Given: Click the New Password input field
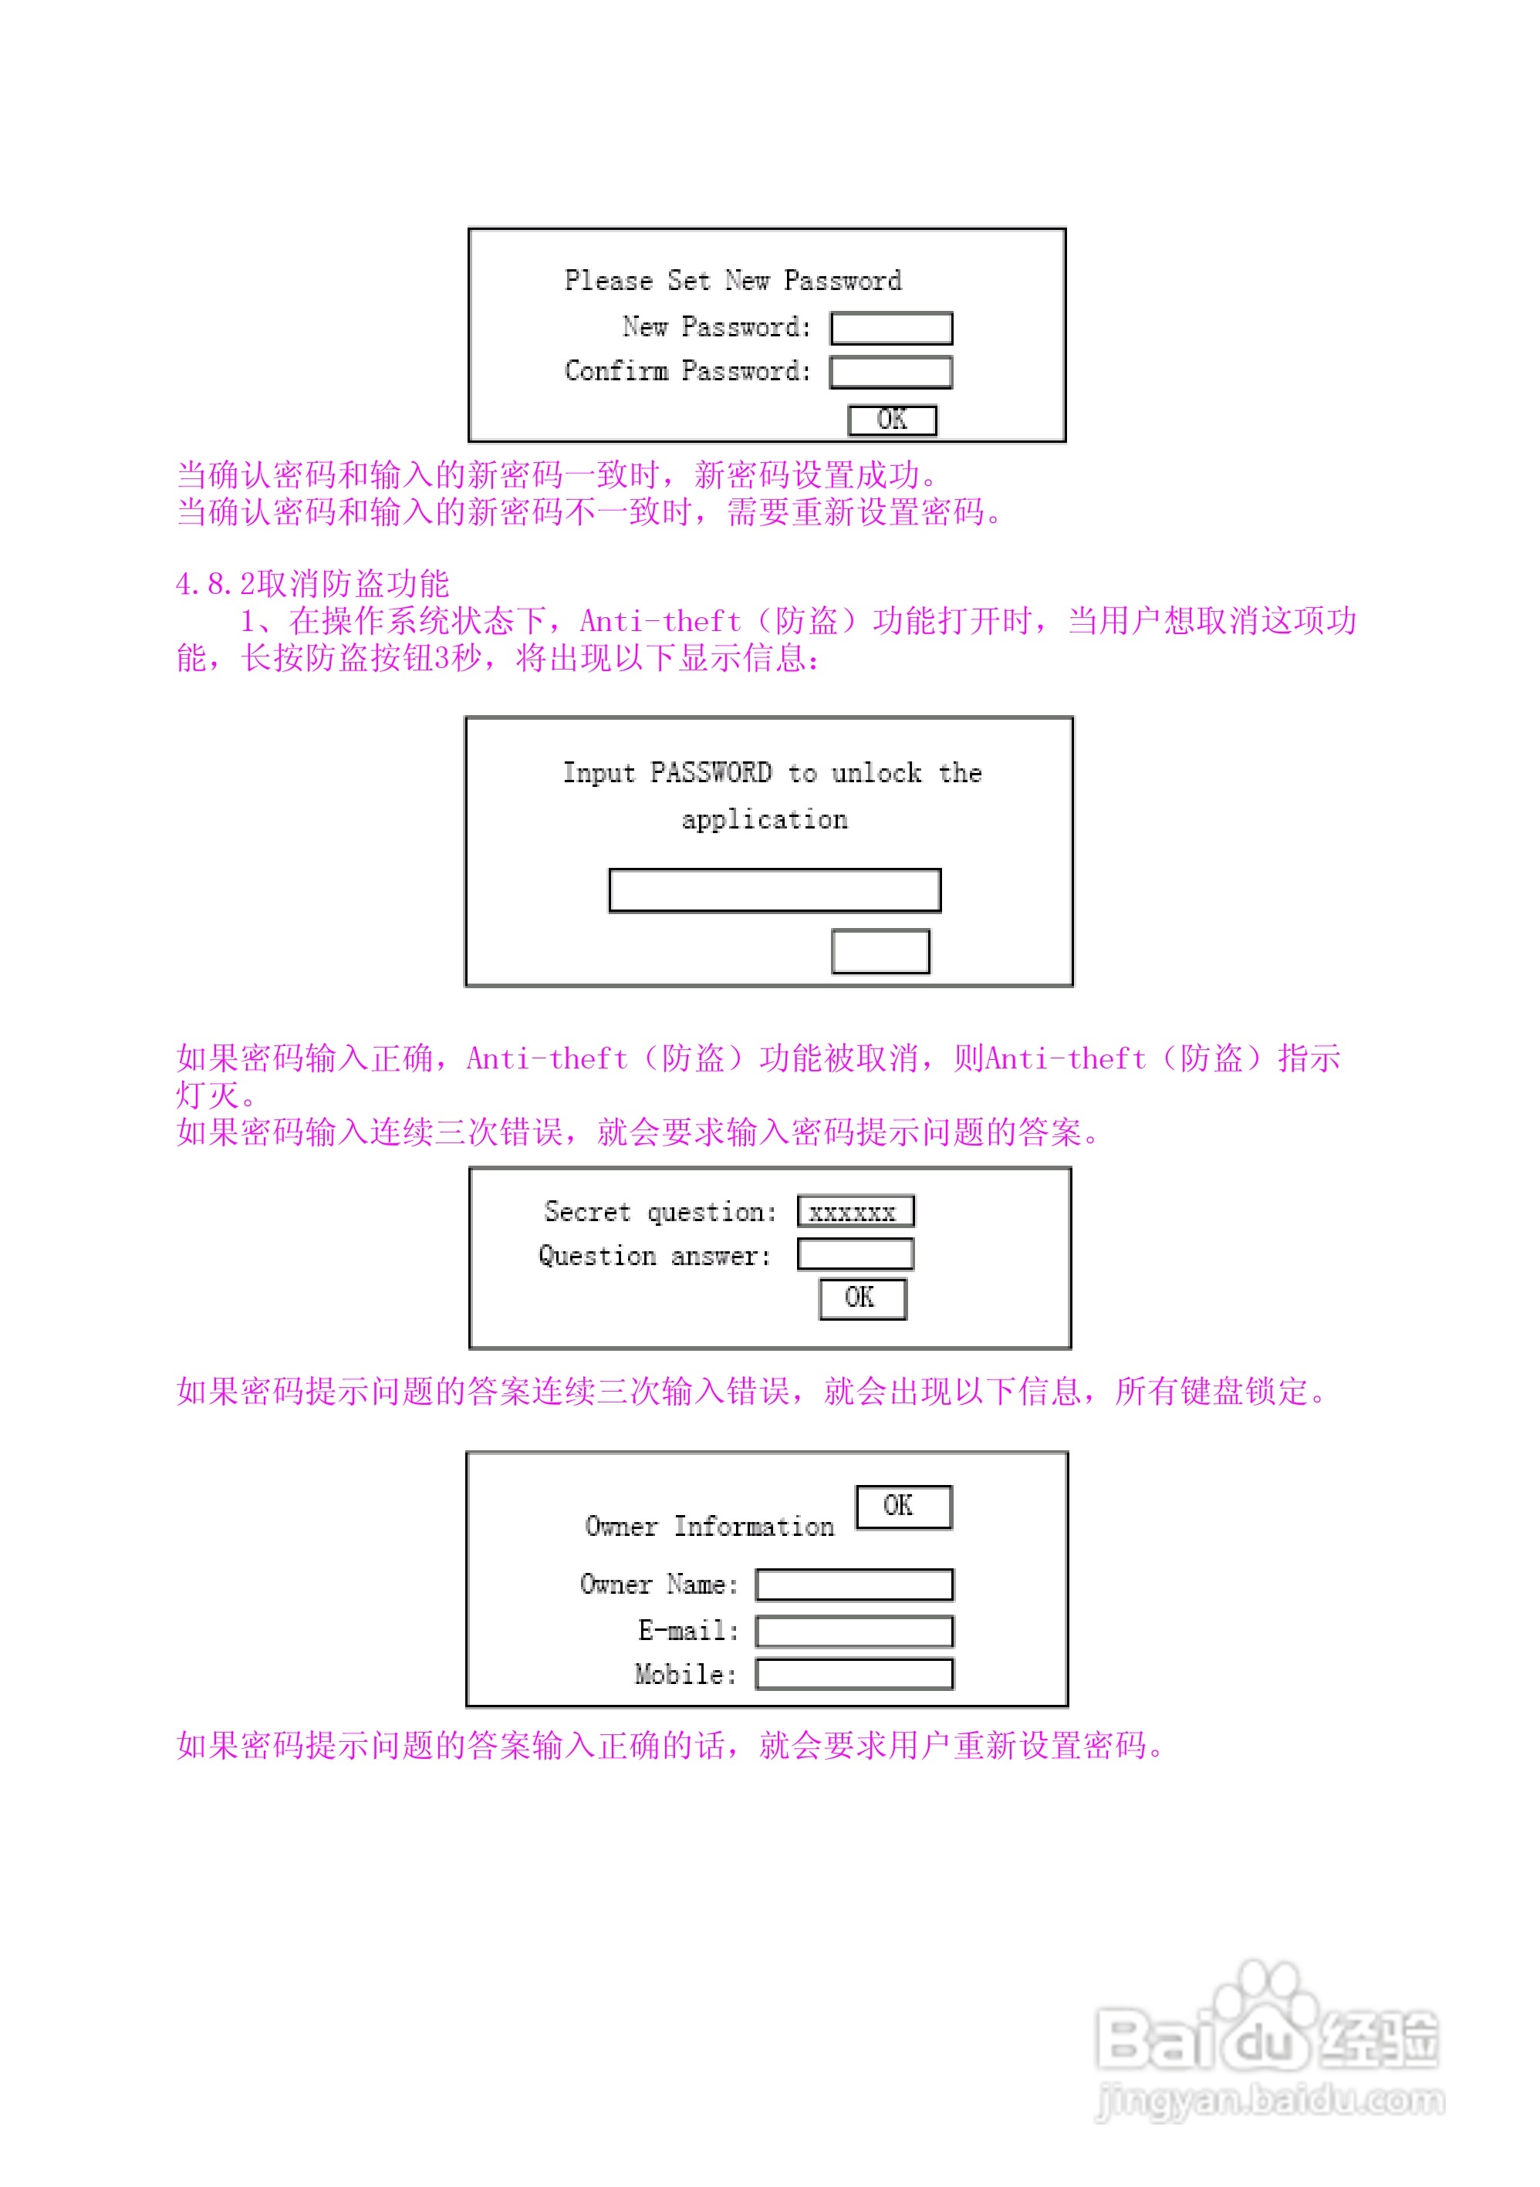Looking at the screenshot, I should coord(890,329).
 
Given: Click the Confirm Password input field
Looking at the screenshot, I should coord(890,373).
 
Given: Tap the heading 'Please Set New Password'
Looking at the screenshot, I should coord(732,281).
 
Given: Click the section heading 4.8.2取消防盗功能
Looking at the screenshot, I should coord(312,584).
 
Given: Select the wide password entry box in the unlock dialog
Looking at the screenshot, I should coord(775,890).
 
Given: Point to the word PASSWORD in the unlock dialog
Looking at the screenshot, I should coord(711,772).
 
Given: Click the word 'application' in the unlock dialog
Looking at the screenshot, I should coord(764,820).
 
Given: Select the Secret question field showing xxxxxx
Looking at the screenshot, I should coord(855,1212).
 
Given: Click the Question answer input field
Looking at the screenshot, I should coord(855,1254).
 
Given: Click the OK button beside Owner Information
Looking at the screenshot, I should coord(903,1507).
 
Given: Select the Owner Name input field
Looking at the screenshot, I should coord(854,1585).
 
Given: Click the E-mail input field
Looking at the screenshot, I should coord(854,1632).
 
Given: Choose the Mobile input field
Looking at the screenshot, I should coord(854,1675).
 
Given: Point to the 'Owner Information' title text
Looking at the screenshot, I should coord(710,1527).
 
